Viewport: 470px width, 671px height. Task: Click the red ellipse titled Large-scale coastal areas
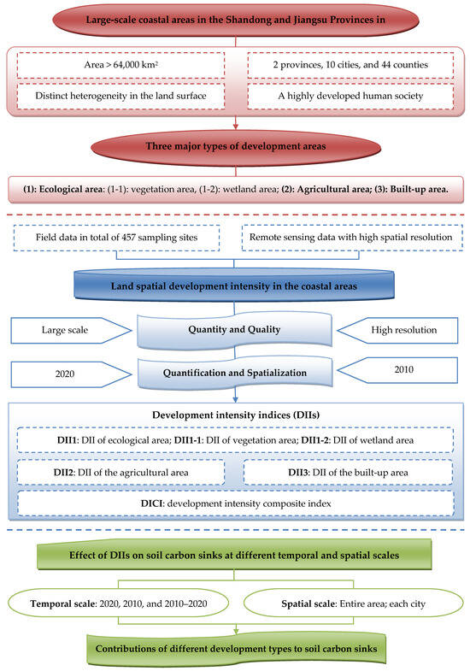[x=235, y=20]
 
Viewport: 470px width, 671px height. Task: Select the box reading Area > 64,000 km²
[x=121, y=65]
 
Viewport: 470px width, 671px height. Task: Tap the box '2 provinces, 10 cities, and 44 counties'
[x=350, y=65]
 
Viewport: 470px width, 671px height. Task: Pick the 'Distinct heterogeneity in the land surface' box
[x=121, y=96]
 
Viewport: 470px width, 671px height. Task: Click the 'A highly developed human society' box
[x=350, y=96]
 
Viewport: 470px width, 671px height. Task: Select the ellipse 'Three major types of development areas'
[x=236, y=146]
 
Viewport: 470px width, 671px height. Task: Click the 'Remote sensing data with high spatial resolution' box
[x=352, y=238]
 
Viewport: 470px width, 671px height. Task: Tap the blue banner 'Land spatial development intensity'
[x=234, y=285]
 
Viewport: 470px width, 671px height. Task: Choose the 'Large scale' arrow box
[x=71, y=330]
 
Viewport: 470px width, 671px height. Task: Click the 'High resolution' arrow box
[x=397, y=330]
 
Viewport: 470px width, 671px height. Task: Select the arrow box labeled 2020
[x=71, y=374]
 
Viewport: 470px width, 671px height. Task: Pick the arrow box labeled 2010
[x=397, y=370]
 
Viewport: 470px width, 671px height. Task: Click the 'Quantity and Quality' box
[x=234, y=329]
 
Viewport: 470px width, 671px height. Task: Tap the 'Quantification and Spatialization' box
[x=234, y=374]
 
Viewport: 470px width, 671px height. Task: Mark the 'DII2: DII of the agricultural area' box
[x=120, y=473]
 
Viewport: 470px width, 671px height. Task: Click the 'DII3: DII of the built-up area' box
[x=348, y=473]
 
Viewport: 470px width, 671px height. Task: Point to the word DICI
[x=152, y=503]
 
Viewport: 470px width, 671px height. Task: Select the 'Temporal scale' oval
[x=119, y=603]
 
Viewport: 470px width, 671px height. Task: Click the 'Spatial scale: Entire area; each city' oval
[x=353, y=603]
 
